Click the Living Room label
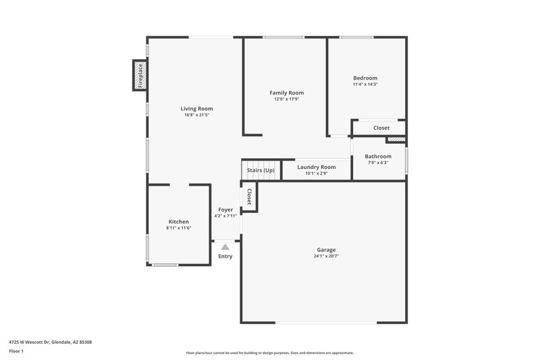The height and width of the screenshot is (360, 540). click(x=196, y=109)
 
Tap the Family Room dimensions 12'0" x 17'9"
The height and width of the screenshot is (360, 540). click(x=286, y=99)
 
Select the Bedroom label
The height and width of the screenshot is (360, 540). click(x=365, y=78)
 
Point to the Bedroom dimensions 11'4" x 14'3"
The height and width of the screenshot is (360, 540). click(x=365, y=84)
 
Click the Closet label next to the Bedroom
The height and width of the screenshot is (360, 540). click(x=381, y=128)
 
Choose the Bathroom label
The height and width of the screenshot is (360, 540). click(x=378, y=156)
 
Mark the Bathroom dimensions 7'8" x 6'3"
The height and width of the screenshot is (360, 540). click(x=378, y=163)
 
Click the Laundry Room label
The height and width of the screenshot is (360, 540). click(x=316, y=167)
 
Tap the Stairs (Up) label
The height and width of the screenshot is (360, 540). click(x=261, y=170)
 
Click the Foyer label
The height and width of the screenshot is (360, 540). click(x=225, y=209)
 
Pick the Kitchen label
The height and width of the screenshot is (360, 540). click(x=179, y=222)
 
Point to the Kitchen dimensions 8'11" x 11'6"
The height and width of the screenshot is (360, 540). click(x=179, y=228)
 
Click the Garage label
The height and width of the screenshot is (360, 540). click(x=325, y=249)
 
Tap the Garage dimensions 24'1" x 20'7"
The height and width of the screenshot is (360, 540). click(x=325, y=257)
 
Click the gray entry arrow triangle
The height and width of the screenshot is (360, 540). click(x=225, y=247)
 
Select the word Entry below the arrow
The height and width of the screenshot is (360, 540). click(x=225, y=256)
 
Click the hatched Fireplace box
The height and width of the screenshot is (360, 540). click(x=140, y=75)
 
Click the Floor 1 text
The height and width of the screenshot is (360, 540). click(x=17, y=351)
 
